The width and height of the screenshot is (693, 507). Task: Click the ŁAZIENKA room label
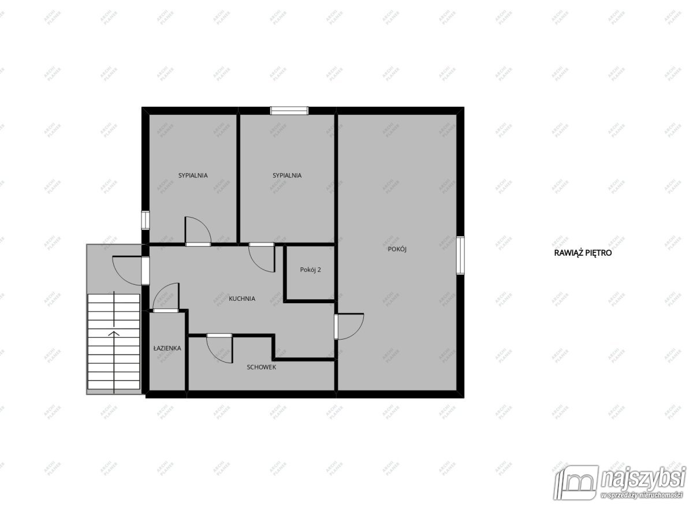tap(167, 348)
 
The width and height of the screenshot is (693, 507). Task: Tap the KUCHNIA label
tap(242, 299)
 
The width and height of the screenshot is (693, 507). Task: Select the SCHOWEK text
tap(262, 367)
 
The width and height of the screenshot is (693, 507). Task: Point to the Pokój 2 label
tap(310, 270)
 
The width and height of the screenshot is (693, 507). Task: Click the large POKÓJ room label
tap(397, 249)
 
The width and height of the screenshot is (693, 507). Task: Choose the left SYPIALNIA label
tap(193, 176)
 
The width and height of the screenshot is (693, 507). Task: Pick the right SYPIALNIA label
tap(287, 176)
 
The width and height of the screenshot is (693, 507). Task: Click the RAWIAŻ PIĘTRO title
tap(583, 253)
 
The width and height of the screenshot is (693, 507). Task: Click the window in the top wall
tap(289, 110)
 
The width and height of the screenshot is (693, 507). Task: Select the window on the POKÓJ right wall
tap(460, 255)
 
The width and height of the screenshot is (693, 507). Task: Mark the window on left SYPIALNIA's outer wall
tap(146, 220)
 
